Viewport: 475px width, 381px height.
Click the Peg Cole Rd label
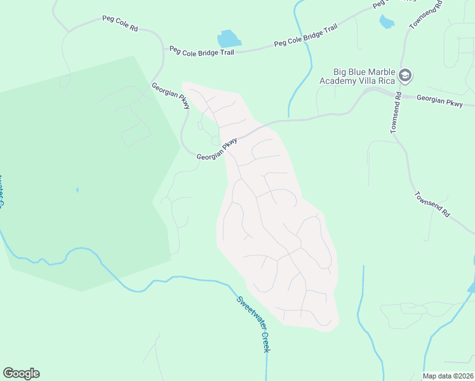coord(120,23)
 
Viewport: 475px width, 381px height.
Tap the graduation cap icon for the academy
coord(405,76)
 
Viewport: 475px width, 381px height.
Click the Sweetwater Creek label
coord(254,324)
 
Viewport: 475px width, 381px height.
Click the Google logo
coord(21,373)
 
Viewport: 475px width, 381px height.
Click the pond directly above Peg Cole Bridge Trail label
coord(229,39)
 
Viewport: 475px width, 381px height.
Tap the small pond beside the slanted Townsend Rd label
coord(386,22)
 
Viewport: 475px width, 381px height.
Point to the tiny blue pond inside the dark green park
coord(77,189)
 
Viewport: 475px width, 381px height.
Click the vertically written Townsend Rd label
coord(395,114)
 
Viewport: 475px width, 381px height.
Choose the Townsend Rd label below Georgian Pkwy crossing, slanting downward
coord(432,205)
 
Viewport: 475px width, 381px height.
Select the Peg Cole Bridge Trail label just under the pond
coord(201,51)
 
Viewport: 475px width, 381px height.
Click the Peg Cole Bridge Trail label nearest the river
coord(305,36)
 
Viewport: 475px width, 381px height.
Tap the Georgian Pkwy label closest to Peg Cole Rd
coord(170,95)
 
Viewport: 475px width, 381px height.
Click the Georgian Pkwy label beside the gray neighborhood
coord(217,149)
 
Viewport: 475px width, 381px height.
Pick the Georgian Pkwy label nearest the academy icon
coord(439,100)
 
